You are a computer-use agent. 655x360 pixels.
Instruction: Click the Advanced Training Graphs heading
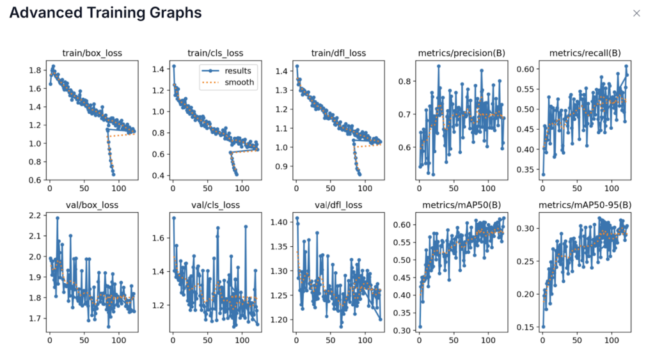(106, 13)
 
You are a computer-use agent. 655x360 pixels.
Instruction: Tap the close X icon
(636, 13)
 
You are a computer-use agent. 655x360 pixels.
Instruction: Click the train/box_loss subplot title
(91, 53)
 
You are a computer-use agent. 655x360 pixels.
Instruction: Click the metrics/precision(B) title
(460, 53)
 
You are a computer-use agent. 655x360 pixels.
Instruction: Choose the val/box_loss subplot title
(91, 205)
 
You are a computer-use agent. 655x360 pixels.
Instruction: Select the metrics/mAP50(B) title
(460, 205)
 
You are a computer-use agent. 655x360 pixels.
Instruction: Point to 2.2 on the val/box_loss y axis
(36, 216)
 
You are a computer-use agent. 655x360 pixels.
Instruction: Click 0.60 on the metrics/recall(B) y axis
(527, 69)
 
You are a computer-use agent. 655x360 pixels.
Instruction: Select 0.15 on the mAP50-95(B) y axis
(527, 327)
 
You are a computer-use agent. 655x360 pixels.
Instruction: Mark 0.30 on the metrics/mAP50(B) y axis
(404, 331)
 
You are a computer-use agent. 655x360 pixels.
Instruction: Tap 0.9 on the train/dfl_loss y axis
(281, 166)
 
